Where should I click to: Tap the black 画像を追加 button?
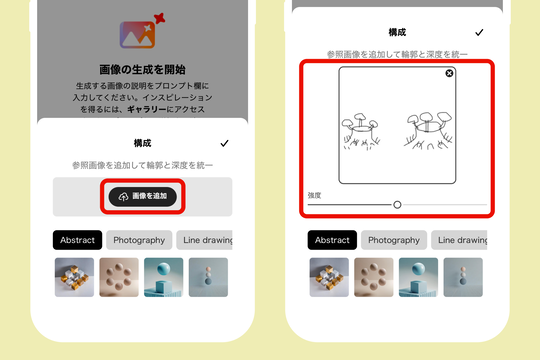click(x=143, y=196)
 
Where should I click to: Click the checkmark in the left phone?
click(x=224, y=143)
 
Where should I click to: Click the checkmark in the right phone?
click(x=479, y=33)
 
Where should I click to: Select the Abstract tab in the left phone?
click(x=77, y=240)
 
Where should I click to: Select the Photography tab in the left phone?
click(x=139, y=240)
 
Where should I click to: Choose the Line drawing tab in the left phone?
click(x=205, y=240)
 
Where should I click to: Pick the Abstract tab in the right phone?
click(x=332, y=240)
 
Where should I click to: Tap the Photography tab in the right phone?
click(x=394, y=240)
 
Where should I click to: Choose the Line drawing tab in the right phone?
click(x=459, y=240)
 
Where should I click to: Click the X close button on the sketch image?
click(x=449, y=73)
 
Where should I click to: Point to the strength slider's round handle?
click(x=397, y=205)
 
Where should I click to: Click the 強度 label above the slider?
click(x=314, y=195)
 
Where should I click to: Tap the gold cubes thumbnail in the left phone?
click(x=74, y=277)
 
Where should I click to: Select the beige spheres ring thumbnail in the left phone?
click(x=119, y=277)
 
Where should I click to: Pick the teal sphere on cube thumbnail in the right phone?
click(x=418, y=277)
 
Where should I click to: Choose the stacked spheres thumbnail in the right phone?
click(x=463, y=277)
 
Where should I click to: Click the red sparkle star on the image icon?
click(x=159, y=18)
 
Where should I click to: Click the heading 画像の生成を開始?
click(x=143, y=70)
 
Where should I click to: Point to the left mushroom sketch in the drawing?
click(x=361, y=132)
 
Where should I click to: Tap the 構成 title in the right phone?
click(x=397, y=33)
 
